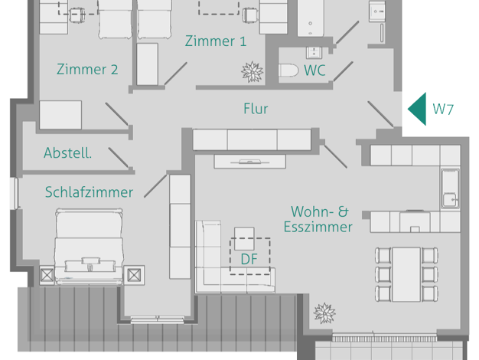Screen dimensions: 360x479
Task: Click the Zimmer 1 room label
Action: (x=210, y=41)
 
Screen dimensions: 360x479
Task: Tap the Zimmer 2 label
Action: (x=87, y=70)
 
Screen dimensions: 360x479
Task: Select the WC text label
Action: (x=315, y=70)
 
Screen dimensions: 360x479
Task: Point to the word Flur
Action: (x=256, y=109)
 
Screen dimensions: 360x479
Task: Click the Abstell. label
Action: (x=68, y=153)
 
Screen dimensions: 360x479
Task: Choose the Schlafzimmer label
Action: (x=89, y=192)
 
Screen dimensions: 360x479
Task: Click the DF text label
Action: (x=249, y=260)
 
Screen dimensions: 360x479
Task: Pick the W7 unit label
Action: (x=443, y=109)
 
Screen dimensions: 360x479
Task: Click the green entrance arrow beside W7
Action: (x=417, y=109)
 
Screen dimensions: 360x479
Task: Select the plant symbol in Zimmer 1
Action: (x=252, y=71)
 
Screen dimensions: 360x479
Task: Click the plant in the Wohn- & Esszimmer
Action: (x=324, y=313)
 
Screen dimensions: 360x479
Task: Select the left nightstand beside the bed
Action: (x=47, y=273)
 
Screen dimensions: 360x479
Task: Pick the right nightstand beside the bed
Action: (x=135, y=273)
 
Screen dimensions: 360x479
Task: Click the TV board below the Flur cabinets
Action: (x=250, y=162)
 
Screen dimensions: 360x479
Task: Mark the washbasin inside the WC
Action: (x=313, y=53)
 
